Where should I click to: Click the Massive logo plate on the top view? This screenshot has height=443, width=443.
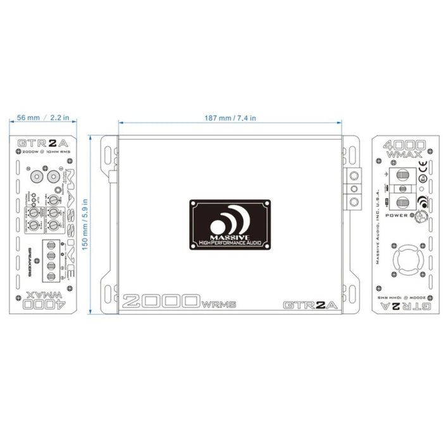pos(231,224)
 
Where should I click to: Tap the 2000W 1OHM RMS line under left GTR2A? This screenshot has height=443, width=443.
pos(43,153)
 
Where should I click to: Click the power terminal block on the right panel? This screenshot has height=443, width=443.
pos(401,189)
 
